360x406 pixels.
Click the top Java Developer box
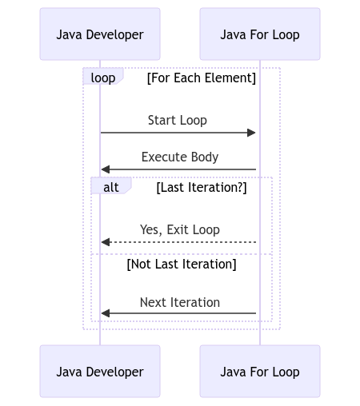(x=100, y=34)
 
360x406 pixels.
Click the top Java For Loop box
(x=260, y=34)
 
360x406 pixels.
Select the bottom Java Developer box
(x=100, y=371)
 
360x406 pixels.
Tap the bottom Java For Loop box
(x=260, y=371)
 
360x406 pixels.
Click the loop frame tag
(x=103, y=77)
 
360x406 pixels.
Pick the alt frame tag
(x=111, y=185)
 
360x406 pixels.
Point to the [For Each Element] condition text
(x=202, y=78)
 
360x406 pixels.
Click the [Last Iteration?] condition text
(x=202, y=188)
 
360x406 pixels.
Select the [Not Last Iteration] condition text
(x=182, y=265)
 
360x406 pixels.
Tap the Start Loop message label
(x=178, y=121)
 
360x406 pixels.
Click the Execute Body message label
(x=180, y=157)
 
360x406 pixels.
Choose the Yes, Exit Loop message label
(x=180, y=230)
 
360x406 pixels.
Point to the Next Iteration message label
(x=180, y=303)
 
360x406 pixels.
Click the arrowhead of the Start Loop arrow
(x=251, y=133)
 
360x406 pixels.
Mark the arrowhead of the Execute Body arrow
(x=106, y=169)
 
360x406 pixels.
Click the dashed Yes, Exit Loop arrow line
(x=178, y=242)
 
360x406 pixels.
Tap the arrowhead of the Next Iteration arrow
(x=106, y=313)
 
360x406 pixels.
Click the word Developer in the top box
(x=114, y=35)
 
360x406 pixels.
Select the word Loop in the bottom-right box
(x=286, y=372)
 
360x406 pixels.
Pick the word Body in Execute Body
(x=205, y=157)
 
